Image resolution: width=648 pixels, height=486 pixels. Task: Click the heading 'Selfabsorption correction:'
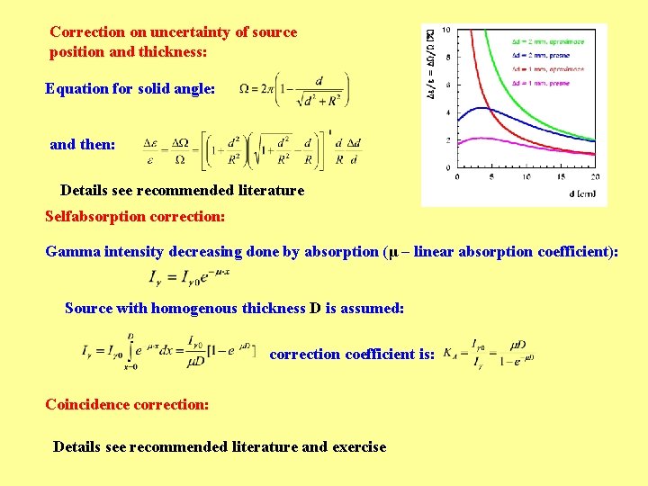(x=135, y=217)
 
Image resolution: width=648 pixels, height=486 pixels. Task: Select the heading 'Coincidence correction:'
(x=127, y=404)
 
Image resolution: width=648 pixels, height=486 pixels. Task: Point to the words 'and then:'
(x=82, y=144)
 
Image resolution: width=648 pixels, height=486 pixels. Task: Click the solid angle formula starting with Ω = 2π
(x=294, y=90)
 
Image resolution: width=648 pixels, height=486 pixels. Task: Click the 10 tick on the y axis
(x=447, y=31)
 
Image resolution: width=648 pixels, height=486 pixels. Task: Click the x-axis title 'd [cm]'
(x=581, y=193)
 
